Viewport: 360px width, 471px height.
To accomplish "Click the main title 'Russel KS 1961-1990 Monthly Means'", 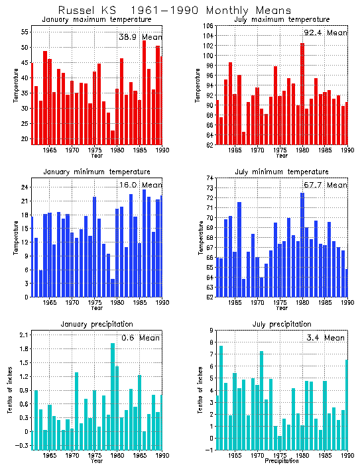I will click(x=174, y=11).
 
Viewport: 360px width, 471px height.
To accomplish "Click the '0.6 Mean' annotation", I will click(x=140, y=338).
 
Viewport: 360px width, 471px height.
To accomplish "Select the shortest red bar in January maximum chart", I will click(x=113, y=137).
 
